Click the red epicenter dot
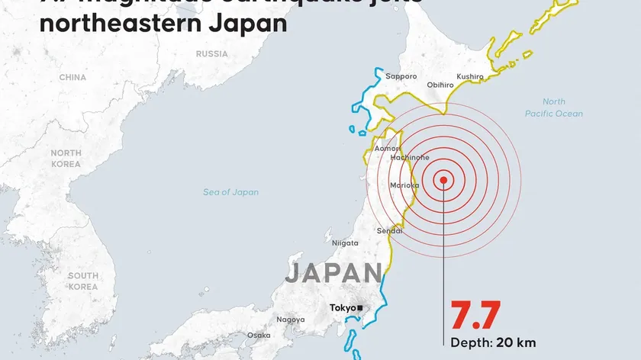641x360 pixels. point(443,181)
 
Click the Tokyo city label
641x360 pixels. point(342,308)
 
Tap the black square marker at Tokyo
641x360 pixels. point(359,308)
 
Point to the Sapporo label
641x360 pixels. point(401,76)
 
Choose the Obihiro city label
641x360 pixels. point(440,85)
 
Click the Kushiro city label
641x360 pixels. point(470,76)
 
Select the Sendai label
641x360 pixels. point(389,230)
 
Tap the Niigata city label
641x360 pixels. point(345,243)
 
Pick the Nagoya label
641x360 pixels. point(291,320)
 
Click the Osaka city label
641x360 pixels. point(259,335)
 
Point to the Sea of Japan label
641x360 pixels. point(230,192)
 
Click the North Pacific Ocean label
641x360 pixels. point(554,108)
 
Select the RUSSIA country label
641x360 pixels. point(211,54)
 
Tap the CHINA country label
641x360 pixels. point(72,77)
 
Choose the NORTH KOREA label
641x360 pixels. point(66,158)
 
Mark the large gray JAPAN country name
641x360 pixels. point(333,273)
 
